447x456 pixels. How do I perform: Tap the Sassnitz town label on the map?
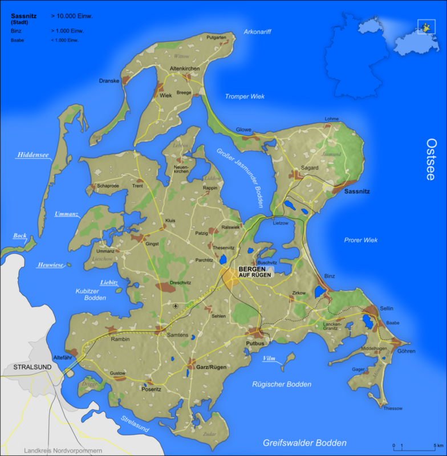(x=357, y=192)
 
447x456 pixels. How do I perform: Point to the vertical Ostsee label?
(x=431, y=160)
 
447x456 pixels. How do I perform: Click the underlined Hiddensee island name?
(x=33, y=154)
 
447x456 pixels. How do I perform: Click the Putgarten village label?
(x=217, y=38)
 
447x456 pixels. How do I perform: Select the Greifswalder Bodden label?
(x=304, y=443)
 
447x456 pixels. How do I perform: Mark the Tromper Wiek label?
(x=245, y=96)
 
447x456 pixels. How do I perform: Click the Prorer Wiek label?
(x=361, y=240)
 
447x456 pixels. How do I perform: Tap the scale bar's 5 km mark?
(x=434, y=446)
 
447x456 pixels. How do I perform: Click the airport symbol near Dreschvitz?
(x=175, y=306)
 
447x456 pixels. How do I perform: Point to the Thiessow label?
(x=393, y=408)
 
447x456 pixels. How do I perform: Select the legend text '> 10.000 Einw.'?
(x=71, y=16)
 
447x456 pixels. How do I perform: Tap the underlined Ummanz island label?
(x=65, y=214)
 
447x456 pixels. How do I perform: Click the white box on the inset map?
(x=426, y=26)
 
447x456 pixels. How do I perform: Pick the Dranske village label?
(x=109, y=81)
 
